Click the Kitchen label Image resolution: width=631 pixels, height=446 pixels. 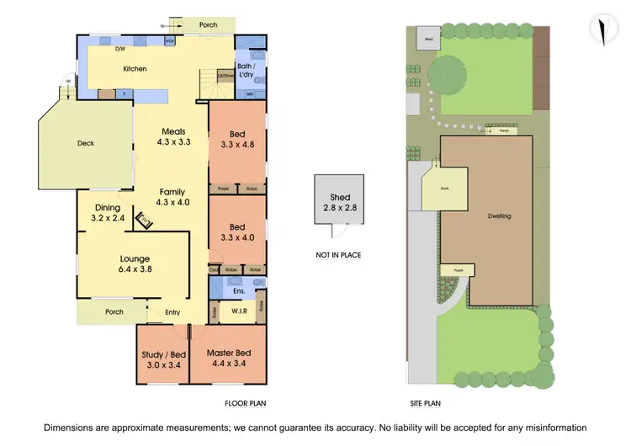coord(135,68)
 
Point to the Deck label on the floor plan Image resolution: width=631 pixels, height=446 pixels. coord(85,143)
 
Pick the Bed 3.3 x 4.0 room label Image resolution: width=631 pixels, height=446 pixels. coord(237,232)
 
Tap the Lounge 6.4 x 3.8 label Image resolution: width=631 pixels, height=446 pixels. coord(134,264)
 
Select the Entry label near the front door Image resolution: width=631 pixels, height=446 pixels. coord(172,312)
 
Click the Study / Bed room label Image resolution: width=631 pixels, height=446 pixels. coord(163,359)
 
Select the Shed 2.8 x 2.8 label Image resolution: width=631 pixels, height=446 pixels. coord(339,203)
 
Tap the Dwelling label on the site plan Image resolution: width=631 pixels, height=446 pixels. coord(498,216)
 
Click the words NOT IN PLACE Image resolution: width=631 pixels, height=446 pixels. coord(339,255)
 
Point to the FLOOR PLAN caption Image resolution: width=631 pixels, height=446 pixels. coord(245,403)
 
